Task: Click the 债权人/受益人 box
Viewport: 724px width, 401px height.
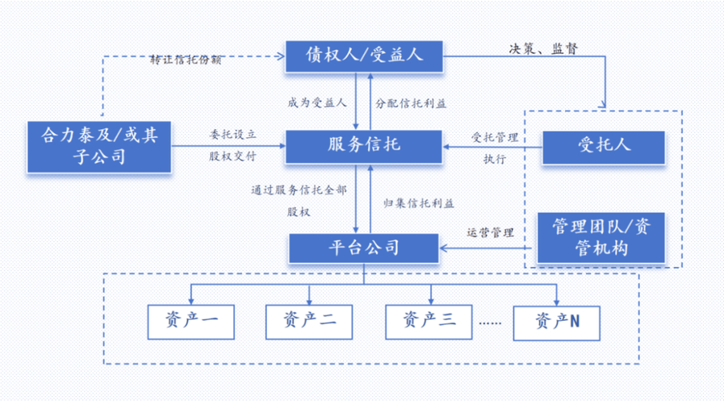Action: point(364,55)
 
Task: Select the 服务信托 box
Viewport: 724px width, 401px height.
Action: point(364,145)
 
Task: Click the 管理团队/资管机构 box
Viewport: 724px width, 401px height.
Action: point(601,237)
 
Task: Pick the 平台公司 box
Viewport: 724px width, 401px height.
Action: point(364,248)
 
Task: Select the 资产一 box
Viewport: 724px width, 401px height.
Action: point(190,321)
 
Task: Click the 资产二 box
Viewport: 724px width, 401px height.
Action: point(309,321)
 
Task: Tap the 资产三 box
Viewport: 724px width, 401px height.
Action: point(429,321)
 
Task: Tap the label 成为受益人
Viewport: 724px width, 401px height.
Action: point(317,103)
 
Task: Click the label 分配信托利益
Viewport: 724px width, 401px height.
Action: point(411,103)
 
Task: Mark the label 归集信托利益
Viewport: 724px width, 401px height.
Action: point(413,203)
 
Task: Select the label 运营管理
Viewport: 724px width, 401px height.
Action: point(490,233)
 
